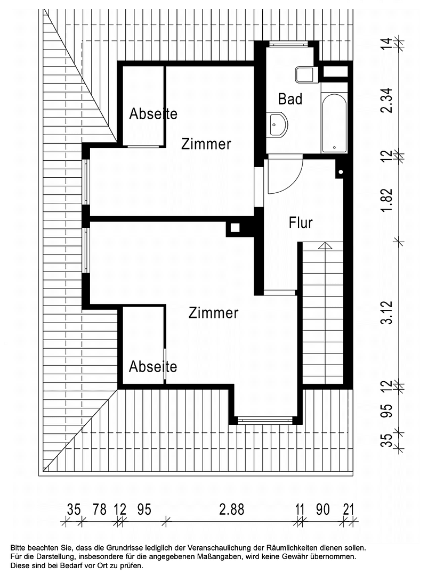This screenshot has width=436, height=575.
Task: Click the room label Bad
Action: (x=290, y=99)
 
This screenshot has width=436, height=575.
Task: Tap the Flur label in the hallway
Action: (x=301, y=223)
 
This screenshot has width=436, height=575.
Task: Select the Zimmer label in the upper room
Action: (x=206, y=144)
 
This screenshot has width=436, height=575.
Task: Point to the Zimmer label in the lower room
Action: (x=213, y=313)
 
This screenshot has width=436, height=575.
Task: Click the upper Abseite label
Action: (x=153, y=113)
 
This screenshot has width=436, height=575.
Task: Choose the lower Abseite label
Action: (x=153, y=367)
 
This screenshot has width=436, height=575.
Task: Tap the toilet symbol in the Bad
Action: (x=305, y=75)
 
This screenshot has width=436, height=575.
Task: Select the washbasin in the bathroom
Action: (x=277, y=125)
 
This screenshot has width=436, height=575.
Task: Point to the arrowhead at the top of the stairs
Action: (x=324, y=245)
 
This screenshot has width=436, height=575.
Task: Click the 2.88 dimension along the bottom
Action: (x=231, y=510)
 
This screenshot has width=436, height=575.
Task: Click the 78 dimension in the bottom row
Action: (x=99, y=510)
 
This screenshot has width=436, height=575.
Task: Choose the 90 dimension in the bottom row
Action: (x=322, y=510)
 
